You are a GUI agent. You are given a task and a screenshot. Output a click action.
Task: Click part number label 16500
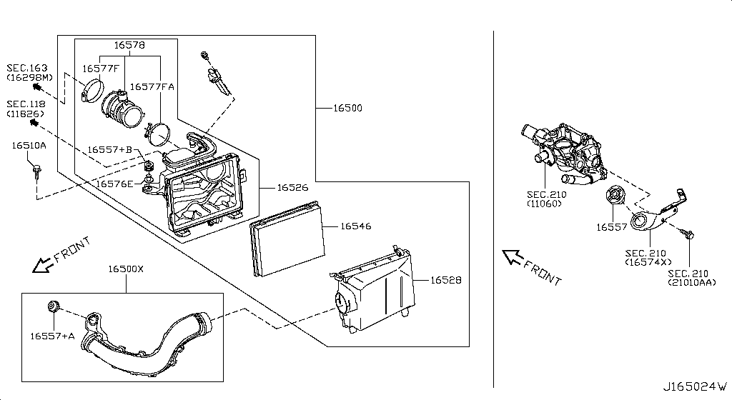point(347,109)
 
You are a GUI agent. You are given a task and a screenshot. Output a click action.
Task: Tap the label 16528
point(445,281)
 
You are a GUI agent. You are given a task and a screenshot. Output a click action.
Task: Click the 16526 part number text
point(292,188)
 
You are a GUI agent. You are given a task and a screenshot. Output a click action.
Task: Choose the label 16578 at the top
point(129,45)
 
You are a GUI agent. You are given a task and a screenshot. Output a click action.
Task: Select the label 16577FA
point(152,86)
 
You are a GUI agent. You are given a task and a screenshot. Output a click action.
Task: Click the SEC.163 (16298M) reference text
point(29,71)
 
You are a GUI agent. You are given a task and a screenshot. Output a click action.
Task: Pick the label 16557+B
point(110,150)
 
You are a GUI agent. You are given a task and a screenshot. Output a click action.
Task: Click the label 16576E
point(114,184)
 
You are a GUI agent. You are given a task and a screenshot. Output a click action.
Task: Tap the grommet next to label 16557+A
point(53,307)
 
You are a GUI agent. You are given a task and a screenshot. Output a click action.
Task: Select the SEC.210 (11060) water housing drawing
point(565,154)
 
